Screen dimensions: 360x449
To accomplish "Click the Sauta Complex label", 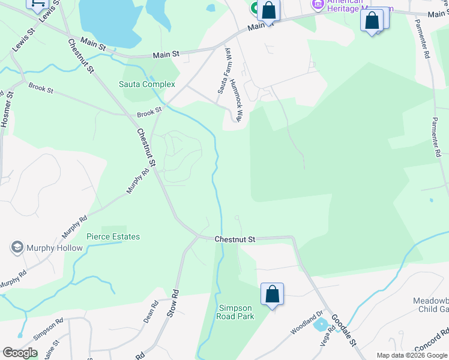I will click(x=147, y=85).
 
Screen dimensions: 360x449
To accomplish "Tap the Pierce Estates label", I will click(x=113, y=236).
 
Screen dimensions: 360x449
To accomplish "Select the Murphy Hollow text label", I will click(x=54, y=247).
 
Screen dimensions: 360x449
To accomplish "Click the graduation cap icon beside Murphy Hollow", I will click(x=17, y=247).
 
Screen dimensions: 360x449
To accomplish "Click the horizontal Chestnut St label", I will click(x=235, y=239).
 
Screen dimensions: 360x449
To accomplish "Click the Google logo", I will click(x=20, y=353).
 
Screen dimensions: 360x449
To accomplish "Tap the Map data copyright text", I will click(x=411, y=355).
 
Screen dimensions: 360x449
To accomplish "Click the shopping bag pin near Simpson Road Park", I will click(x=272, y=295).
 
